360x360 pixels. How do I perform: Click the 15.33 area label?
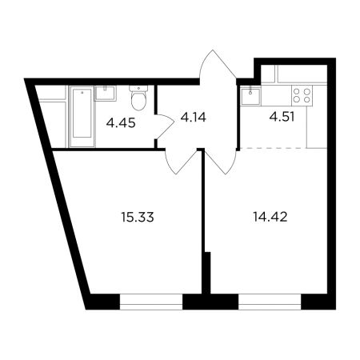tap(138, 217)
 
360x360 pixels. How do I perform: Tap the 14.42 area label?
tap(270, 217)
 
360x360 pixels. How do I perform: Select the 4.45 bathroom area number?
tap(121, 123)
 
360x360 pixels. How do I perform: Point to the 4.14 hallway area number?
tap(194, 117)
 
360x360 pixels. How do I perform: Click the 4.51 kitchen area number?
tap(282, 117)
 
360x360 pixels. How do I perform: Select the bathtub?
tap(82, 116)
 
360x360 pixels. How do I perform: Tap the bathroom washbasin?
tap(106, 93)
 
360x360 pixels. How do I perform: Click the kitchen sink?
tap(250, 96)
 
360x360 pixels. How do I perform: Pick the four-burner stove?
tap(302, 95)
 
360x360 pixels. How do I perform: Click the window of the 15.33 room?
tap(151, 302)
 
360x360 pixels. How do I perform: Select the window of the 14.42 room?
tap(270, 302)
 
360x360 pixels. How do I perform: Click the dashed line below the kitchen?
tap(273, 147)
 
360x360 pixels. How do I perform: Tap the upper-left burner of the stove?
tap(296, 91)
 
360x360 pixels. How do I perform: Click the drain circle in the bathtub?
tap(82, 93)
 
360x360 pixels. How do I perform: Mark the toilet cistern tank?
tap(138, 88)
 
